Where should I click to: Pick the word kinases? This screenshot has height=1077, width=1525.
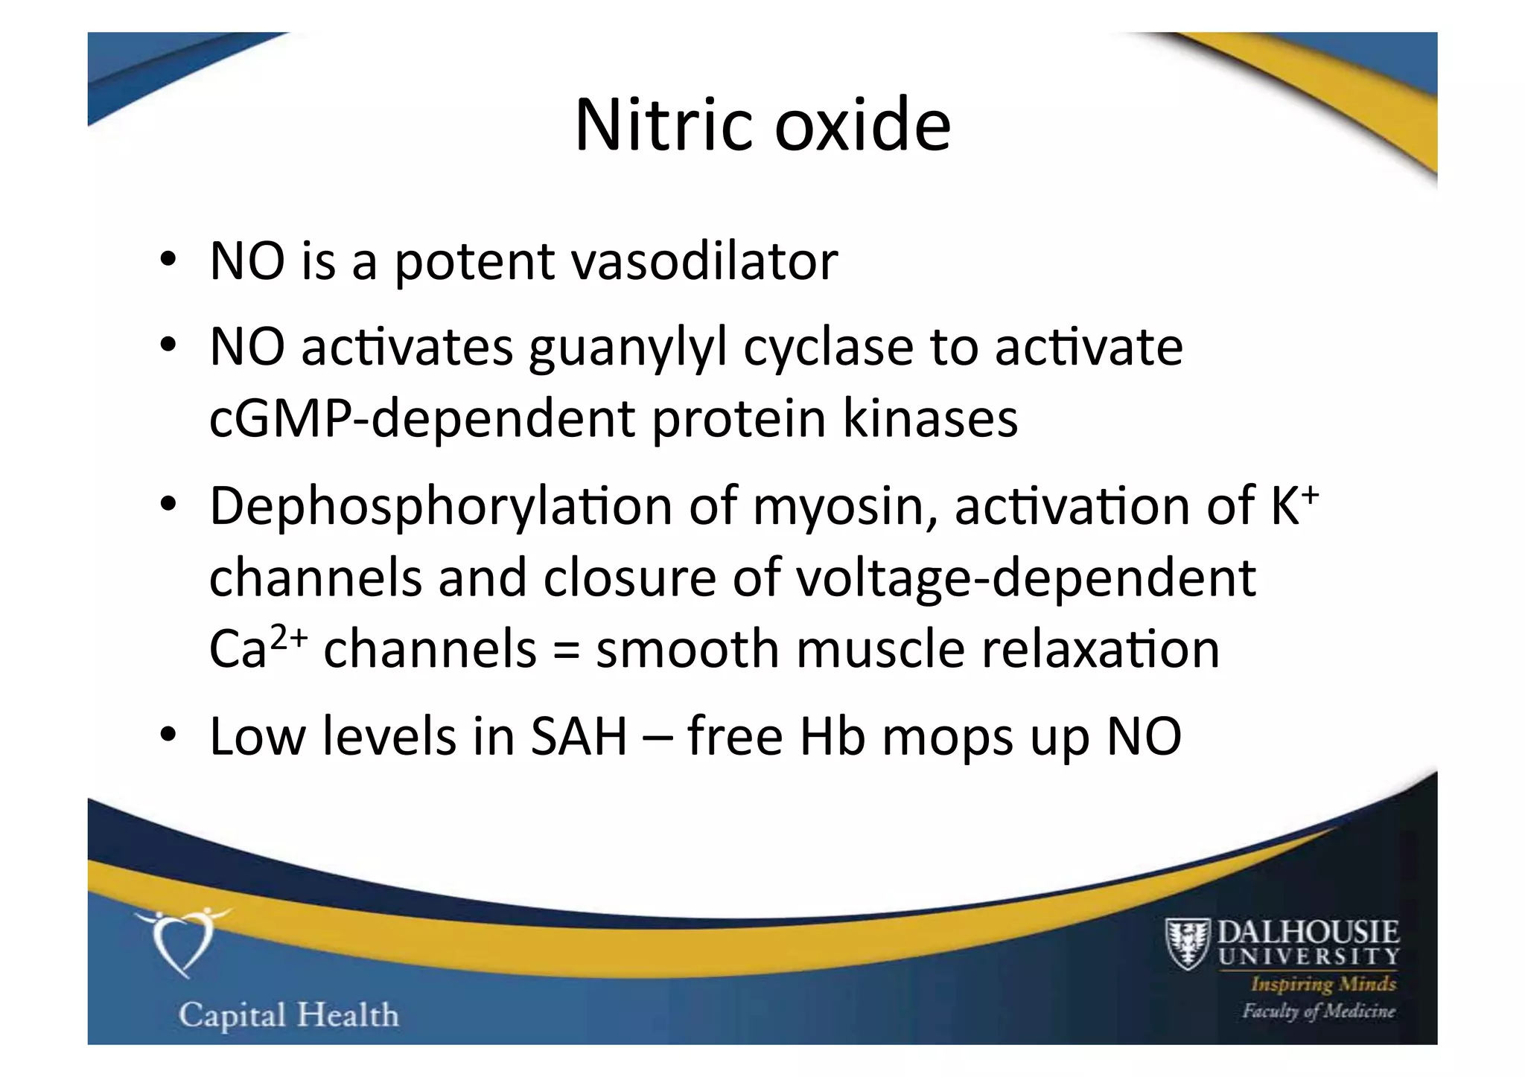pos(930,419)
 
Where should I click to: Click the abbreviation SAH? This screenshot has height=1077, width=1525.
pos(579,737)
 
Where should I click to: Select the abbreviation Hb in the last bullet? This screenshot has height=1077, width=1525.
pos(832,737)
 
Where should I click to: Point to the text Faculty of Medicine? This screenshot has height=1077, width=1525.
pos(1318,1012)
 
